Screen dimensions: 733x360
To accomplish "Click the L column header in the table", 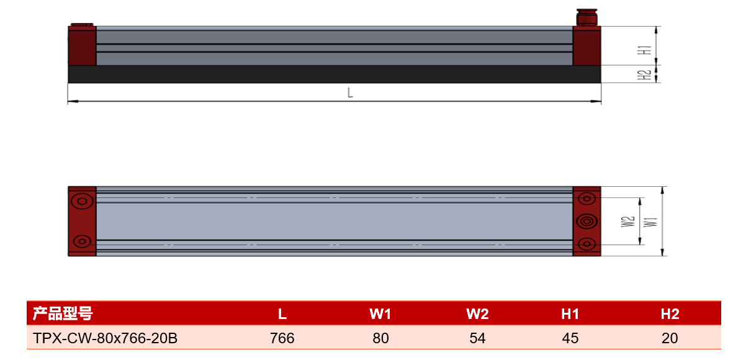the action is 282,314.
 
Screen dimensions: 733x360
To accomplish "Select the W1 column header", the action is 380,314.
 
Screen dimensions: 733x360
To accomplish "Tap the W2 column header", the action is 477,314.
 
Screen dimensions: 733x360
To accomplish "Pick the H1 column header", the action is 570,314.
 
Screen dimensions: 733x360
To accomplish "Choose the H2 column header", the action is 670,314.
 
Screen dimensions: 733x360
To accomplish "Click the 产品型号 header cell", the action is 62,313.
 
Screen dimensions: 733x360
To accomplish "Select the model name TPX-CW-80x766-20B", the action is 105,338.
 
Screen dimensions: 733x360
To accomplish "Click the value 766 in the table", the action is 282,338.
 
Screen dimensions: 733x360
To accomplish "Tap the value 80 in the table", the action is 380,338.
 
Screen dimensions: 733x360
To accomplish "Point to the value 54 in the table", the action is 477,338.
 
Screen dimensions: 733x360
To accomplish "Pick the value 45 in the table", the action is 570,338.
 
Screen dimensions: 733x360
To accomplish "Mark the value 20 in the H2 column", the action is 670,338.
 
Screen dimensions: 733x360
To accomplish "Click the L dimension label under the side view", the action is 349,92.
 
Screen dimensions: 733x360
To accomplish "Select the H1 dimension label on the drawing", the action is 647,50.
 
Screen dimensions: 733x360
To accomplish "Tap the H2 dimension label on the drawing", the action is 647,75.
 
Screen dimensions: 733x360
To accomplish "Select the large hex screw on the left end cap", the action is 83,202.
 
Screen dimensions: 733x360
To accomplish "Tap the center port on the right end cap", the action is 587,221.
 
